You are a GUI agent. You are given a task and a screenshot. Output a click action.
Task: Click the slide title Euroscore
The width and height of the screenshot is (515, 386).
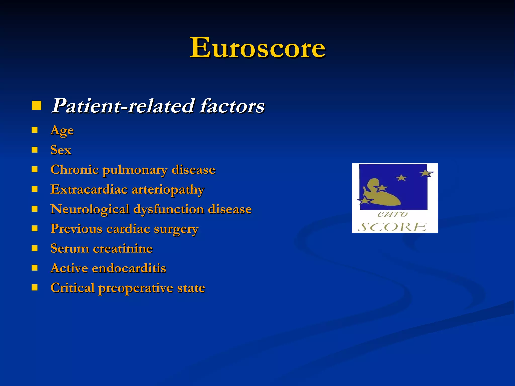257,48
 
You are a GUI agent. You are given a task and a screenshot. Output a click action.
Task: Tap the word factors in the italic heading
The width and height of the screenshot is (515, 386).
232,106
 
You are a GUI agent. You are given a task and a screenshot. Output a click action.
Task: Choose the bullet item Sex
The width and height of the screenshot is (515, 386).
61,150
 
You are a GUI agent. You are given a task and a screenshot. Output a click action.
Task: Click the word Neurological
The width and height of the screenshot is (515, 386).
90,209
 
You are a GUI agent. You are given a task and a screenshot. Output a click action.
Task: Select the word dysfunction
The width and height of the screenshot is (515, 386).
168,209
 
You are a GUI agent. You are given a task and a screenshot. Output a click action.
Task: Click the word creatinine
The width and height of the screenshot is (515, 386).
123,249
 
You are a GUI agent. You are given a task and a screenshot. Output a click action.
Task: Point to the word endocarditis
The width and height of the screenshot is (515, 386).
129,268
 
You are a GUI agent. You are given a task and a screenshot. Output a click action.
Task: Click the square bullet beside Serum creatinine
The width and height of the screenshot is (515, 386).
35,248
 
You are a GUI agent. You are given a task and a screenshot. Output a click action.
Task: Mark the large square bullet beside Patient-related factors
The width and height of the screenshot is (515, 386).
37,106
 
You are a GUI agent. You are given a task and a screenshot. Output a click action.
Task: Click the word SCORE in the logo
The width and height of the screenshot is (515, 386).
392,227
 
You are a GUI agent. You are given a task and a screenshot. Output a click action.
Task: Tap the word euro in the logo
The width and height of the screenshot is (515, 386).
392,214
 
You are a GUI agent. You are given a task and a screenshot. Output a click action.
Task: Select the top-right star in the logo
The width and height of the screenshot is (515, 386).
426,173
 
